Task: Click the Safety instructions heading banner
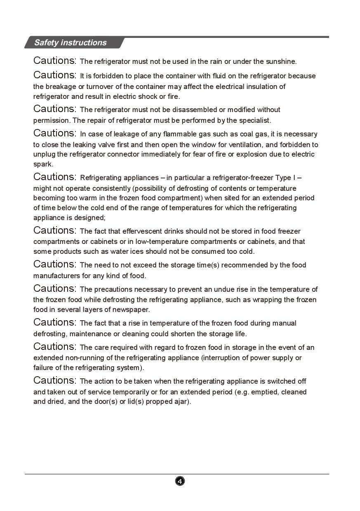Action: click(70, 42)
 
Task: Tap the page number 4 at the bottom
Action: click(180, 481)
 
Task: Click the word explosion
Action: click(259, 154)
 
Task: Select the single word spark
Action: click(42, 164)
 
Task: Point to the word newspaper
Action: click(132, 309)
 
